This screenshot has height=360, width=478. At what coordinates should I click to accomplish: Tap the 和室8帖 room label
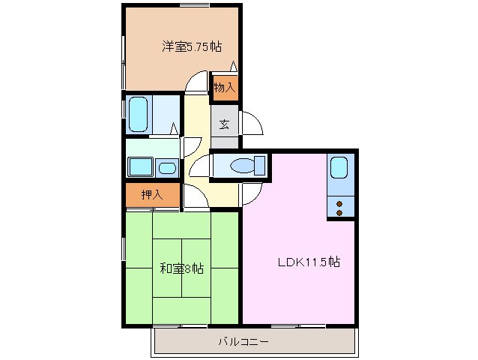(181, 268)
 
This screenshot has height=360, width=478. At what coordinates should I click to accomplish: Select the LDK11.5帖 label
(309, 262)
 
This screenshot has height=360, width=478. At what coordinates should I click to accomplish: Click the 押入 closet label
(151, 195)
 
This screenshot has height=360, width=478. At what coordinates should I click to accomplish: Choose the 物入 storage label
(224, 88)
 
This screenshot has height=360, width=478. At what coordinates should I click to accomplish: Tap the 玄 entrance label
(224, 124)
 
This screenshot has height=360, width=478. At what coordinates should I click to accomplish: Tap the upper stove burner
(339, 202)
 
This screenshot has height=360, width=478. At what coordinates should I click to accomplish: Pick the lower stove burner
(339, 212)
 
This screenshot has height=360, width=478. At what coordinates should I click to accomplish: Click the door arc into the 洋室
(197, 81)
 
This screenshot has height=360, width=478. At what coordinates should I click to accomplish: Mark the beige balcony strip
(254, 342)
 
